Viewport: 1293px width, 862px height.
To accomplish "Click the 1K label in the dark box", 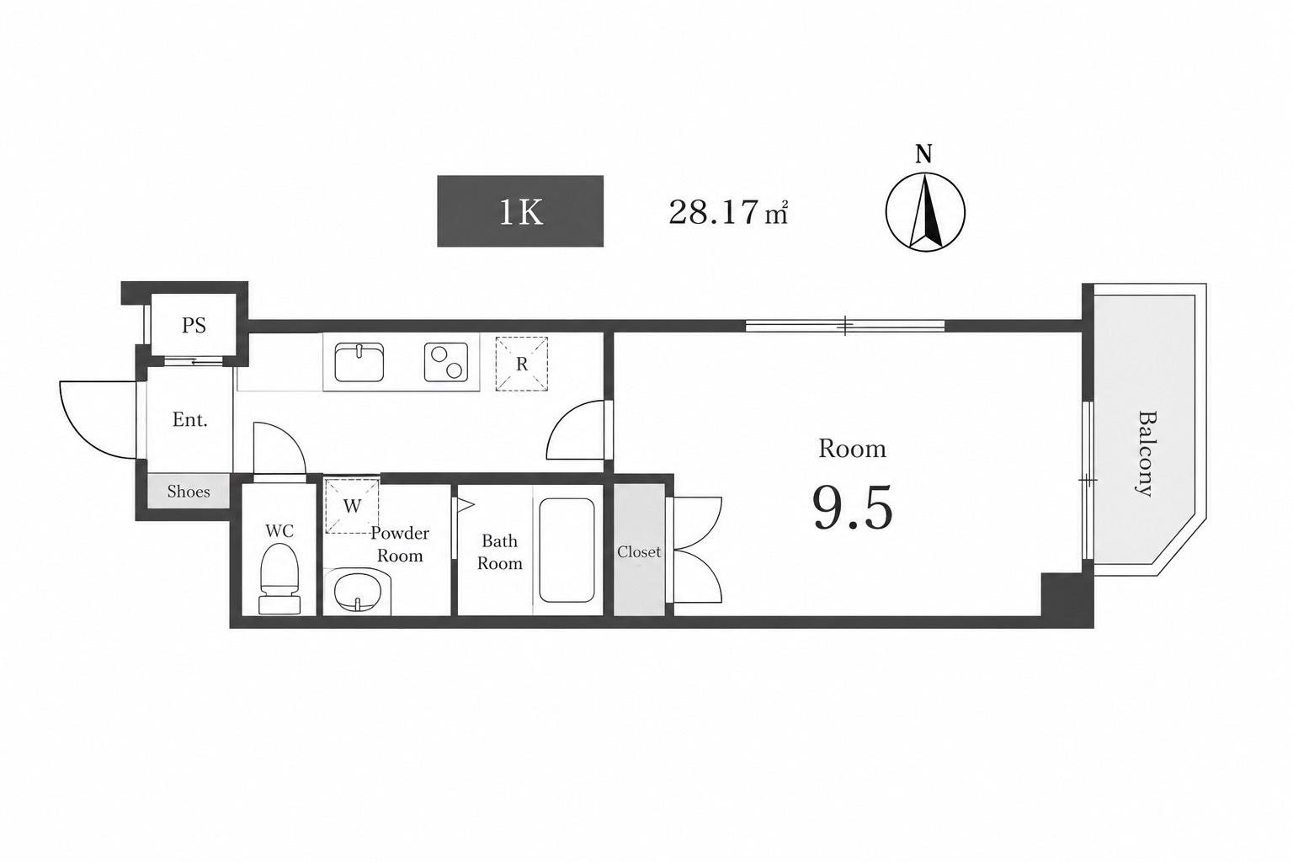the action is point(521,212).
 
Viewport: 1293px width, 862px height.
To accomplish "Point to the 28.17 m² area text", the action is point(728,212).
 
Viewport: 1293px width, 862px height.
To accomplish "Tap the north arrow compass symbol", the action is point(925,212).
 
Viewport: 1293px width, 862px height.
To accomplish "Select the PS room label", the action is point(194,326).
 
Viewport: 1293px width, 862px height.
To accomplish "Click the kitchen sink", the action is point(359,362).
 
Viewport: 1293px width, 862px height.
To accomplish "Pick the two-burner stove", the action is point(445,362).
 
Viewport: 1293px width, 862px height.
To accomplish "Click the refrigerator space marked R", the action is point(521,364).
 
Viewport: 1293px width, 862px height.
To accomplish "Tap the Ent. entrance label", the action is point(190,420).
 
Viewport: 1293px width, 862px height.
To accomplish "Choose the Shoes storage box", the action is point(189,492).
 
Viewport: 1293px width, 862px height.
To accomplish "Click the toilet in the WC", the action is point(279,579).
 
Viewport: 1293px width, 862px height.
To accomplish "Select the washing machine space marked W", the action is point(352,506).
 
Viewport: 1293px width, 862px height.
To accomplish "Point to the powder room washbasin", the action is point(358,593).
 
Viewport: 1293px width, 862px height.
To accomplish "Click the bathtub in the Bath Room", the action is point(567,551).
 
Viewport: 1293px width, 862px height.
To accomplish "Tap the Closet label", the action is point(639,552).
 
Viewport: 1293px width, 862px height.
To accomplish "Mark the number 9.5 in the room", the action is point(853,508).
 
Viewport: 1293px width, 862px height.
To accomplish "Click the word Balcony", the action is point(1144,453).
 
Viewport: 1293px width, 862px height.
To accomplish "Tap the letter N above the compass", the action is point(923,154).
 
